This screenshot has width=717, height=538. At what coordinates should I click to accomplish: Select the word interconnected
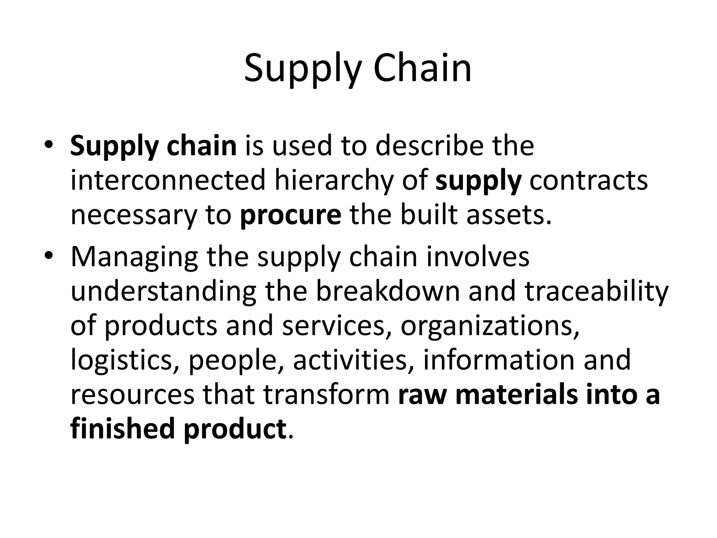click(x=168, y=180)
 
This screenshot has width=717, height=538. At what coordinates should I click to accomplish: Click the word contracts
click(x=588, y=180)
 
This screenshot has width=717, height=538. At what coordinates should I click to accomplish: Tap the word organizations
click(x=490, y=326)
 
